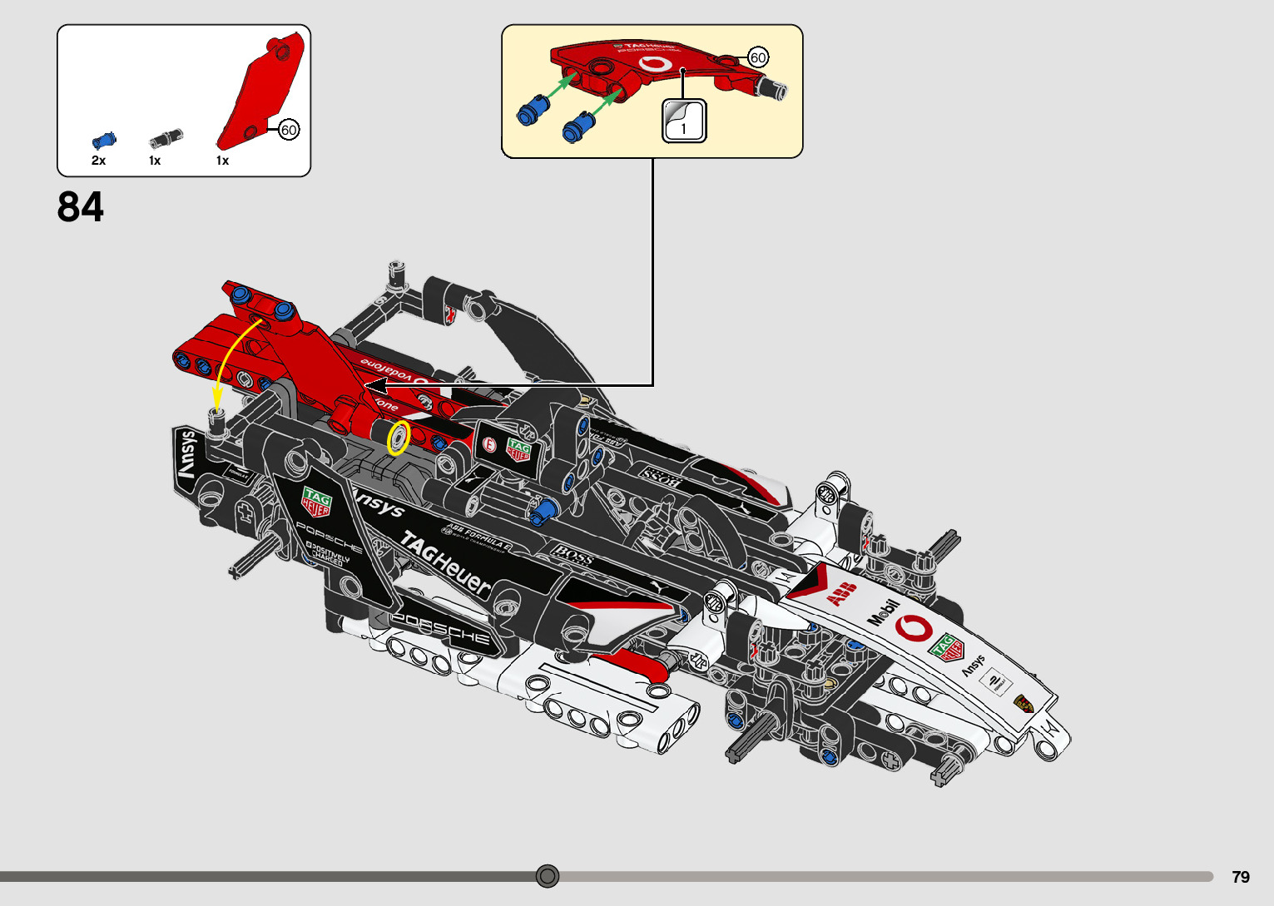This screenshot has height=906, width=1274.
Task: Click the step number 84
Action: click(81, 207)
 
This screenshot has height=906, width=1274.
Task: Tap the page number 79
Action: click(1241, 877)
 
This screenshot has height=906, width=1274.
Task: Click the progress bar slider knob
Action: click(548, 876)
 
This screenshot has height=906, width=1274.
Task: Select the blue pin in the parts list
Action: click(104, 140)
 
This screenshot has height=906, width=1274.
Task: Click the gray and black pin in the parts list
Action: click(166, 138)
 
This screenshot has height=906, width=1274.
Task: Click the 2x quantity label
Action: click(98, 161)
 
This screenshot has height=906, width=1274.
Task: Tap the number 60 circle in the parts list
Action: click(289, 130)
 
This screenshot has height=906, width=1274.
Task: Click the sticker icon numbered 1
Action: click(684, 121)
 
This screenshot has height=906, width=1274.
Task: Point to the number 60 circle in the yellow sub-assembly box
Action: click(758, 57)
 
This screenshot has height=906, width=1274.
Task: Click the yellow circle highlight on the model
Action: click(399, 438)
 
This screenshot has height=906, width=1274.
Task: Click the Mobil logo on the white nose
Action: click(884, 612)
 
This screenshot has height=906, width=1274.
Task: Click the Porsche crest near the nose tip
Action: click(1024, 704)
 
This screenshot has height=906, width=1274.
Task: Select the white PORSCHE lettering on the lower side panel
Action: click(441, 629)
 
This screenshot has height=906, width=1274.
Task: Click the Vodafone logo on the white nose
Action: click(914, 628)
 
